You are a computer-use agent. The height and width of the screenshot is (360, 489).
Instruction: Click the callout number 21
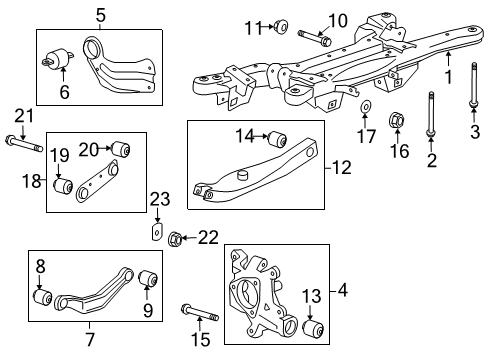pyautogui.click(x=24, y=116)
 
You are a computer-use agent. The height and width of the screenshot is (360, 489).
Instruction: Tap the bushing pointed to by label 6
pyautogui.click(x=58, y=59)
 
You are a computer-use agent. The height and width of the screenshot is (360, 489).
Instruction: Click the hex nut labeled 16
pyautogui.click(x=397, y=120)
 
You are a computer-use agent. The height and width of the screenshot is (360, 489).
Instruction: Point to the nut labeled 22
pyautogui.click(x=176, y=238)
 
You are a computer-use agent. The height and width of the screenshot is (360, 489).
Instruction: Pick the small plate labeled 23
pyautogui.click(x=157, y=231)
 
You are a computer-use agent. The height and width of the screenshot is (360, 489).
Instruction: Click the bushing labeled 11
pyautogui.click(x=282, y=26)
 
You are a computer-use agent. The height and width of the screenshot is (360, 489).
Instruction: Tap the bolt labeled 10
pyautogui.click(x=315, y=38)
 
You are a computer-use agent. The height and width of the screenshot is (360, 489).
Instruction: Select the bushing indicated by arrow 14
pyautogui.click(x=277, y=139)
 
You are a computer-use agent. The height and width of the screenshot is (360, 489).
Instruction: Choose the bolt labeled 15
pyautogui.click(x=200, y=312)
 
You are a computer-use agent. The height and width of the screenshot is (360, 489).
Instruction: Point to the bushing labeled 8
pyautogui.click(x=43, y=297)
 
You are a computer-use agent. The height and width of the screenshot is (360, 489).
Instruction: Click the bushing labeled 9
pyautogui.click(x=148, y=279)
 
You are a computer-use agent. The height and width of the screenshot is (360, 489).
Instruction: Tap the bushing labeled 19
pyautogui.click(x=63, y=186)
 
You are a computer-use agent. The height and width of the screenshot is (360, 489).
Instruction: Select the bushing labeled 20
pyautogui.click(x=120, y=149)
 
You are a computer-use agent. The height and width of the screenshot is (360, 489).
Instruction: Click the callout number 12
pyautogui.click(x=342, y=167)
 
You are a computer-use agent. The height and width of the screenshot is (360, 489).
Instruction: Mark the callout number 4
pyautogui.click(x=343, y=290)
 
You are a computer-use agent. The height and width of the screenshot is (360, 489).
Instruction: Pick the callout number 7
pyautogui.click(x=90, y=339)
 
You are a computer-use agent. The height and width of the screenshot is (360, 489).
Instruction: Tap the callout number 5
pyautogui.click(x=101, y=16)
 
